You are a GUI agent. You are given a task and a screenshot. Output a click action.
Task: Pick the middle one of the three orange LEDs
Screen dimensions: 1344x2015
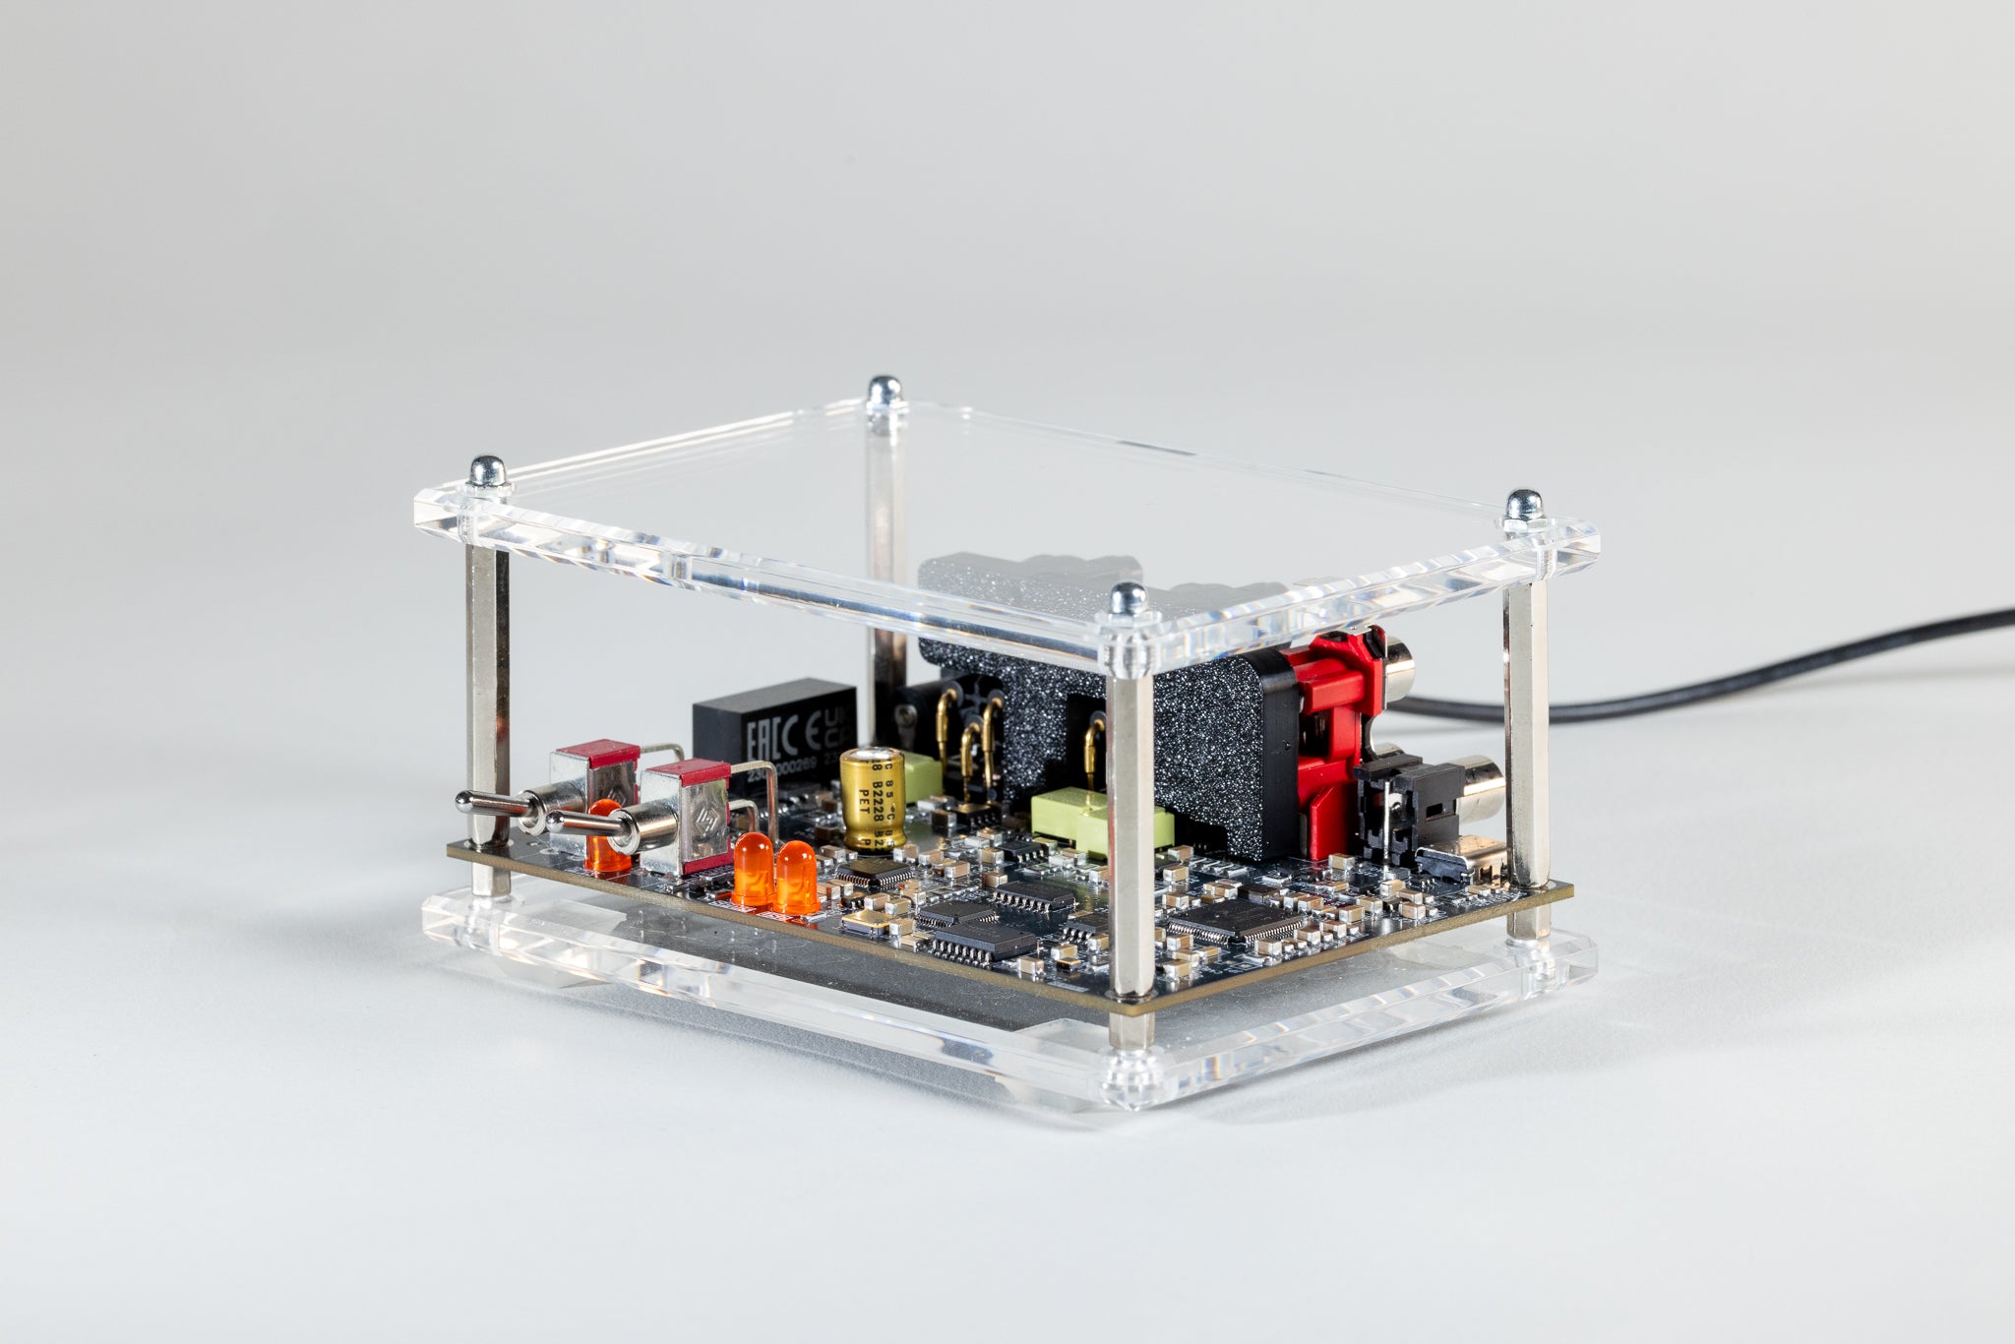pyautogui.click(x=753, y=868)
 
